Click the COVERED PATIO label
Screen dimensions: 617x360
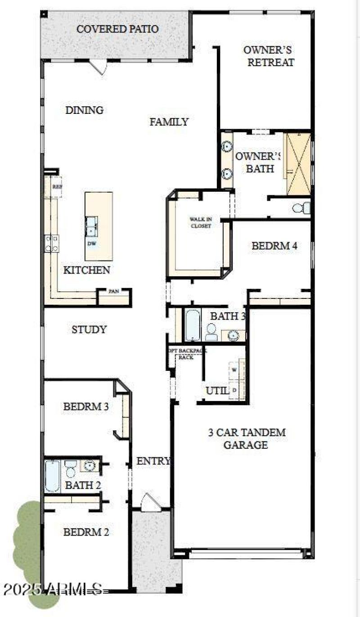click(117, 29)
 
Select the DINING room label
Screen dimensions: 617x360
click(84, 110)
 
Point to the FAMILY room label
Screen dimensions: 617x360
click(169, 122)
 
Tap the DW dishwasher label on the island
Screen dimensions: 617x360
click(92, 243)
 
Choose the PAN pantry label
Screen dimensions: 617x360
click(113, 292)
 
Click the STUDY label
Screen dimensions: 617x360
click(89, 329)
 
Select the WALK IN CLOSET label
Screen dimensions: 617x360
click(200, 223)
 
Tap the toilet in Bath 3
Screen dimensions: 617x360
click(211, 332)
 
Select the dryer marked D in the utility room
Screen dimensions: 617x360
click(234, 390)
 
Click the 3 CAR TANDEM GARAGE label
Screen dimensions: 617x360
click(246, 439)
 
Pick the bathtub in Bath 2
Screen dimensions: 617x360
click(52, 476)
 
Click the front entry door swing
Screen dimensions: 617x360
click(148, 502)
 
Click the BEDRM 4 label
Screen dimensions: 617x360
click(274, 246)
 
